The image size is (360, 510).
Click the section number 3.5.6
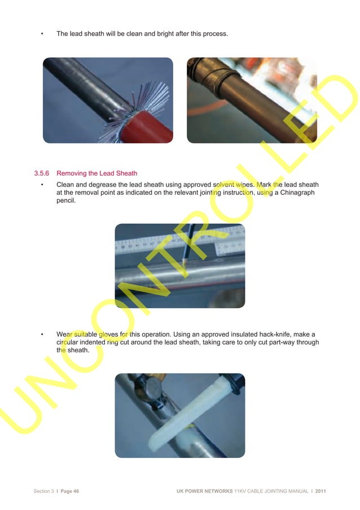coord(43,173)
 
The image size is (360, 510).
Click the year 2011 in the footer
coord(320,491)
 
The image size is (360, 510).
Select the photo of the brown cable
coord(252,100)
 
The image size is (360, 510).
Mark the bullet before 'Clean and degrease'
coord(43,185)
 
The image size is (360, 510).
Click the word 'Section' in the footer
coord(43,491)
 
